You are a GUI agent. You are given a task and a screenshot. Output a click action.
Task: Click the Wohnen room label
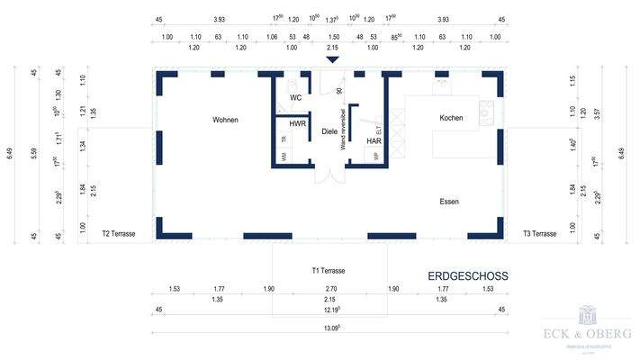[x=226, y=120]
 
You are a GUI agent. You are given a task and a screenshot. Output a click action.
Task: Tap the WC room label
[x=295, y=97]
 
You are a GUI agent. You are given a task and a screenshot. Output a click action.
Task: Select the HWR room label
[x=298, y=123]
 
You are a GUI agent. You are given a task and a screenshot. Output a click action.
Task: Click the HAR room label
[x=374, y=141]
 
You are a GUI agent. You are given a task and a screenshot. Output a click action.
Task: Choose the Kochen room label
[x=451, y=119]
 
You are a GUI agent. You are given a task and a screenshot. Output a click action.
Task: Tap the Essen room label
[x=449, y=202]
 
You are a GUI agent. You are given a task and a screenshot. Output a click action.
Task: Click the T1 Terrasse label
[x=329, y=270]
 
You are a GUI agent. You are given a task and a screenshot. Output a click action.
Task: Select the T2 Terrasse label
[x=118, y=234]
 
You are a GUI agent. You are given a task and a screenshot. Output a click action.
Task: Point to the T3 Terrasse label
[x=540, y=234]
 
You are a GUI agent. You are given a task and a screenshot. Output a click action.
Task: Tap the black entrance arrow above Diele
[x=332, y=60]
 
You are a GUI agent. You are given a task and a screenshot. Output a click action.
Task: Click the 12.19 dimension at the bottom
[x=333, y=309]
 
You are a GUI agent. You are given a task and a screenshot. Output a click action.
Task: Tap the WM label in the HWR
[x=284, y=157]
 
